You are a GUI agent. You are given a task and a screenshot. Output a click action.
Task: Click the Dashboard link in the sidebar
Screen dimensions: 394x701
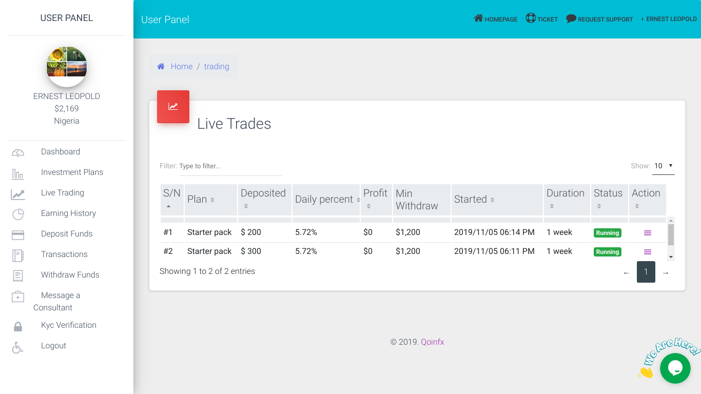point(61,152)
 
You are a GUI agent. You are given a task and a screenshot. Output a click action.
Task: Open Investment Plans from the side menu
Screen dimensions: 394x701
point(72,172)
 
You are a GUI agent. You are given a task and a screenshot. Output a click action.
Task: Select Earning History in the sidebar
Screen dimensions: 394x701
point(68,213)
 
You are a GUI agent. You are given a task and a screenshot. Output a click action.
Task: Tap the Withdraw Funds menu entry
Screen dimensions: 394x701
point(70,275)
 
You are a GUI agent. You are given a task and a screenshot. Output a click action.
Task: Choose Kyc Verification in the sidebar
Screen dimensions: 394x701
point(68,325)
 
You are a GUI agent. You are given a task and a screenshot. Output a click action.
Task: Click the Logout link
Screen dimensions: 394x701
point(53,346)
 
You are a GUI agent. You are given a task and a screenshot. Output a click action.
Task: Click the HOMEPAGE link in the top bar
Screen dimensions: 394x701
point(496,19)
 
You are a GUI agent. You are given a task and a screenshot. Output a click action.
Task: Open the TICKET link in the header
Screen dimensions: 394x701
point(542,19)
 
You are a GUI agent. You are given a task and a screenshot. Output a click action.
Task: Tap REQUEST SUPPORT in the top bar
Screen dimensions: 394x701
point(599,19)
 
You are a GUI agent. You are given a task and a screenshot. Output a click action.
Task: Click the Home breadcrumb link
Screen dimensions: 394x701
point(181,67)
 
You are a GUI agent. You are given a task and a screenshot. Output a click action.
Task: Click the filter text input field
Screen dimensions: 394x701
point(229,166)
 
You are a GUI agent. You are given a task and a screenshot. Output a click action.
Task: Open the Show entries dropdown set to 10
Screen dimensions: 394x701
point(663,166)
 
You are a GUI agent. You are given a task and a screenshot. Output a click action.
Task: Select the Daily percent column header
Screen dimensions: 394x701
point(324,200)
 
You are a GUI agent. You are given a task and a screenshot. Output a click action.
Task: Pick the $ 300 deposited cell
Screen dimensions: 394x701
point(251,251)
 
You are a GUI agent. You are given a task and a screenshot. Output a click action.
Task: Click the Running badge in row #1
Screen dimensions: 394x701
point(608,233)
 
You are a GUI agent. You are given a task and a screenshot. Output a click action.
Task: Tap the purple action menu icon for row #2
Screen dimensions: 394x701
point(648,252)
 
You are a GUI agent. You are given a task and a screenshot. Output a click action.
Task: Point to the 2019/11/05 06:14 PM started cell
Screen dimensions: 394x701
point(494,232)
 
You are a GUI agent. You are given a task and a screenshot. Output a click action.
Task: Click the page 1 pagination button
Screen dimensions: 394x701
point(646,272)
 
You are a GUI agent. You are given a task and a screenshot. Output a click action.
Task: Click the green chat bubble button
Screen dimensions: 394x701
point(675,368)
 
